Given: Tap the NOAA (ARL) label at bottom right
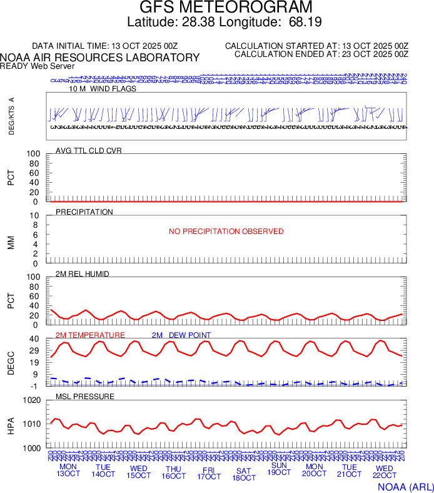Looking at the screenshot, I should [x=405, y=486].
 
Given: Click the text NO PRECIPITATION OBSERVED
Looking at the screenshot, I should [x=226, y=231].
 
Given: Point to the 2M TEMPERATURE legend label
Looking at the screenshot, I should [x=90, y=335].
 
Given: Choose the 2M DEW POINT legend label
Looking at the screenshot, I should [x=181, y=335].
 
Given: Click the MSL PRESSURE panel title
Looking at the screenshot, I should [x=85, y=397].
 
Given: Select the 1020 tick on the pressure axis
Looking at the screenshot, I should [x=31, y=400].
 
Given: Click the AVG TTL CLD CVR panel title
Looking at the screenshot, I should [x=89, y=151].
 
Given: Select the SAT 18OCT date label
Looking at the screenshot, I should [x=244, y=474].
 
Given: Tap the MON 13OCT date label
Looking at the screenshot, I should [x=69, y=470].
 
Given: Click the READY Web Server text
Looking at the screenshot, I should [x=38, y=66].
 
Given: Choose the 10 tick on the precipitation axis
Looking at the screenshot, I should [x=35, y=216].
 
